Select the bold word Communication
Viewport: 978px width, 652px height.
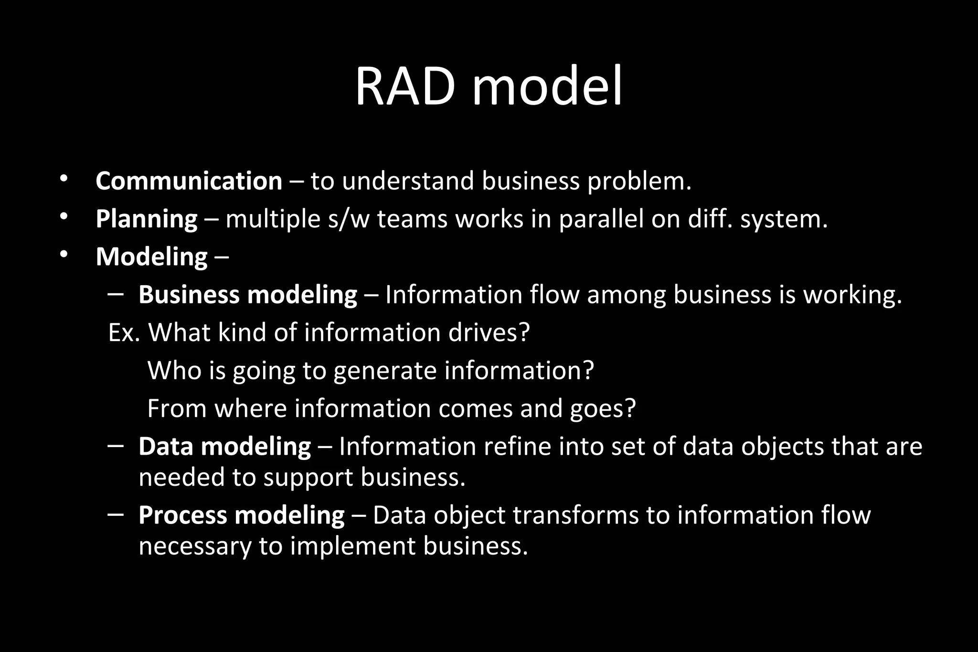(189, 181)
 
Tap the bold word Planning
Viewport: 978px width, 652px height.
(147, 219)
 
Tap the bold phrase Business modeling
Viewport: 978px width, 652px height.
(247, 295)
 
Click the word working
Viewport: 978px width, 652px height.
(852, 295)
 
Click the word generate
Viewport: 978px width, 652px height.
(385, 371)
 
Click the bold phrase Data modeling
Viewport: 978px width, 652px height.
(224, 447)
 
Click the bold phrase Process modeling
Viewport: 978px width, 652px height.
(241, 515)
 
